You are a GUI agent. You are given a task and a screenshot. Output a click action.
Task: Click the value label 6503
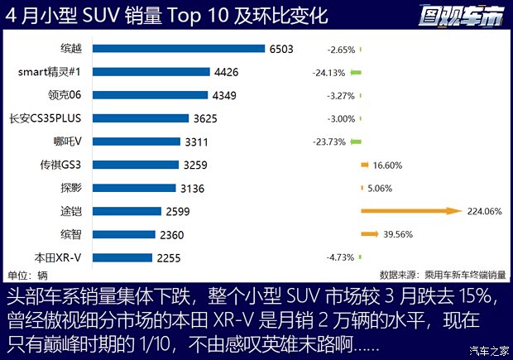(x=280, y=49)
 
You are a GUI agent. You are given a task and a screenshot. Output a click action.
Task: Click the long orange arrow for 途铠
(x=410, y=211)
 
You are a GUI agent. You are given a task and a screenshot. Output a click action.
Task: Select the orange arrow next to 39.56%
(x=371, y=234)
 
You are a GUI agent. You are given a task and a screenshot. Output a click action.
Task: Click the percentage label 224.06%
(x=485, y=212)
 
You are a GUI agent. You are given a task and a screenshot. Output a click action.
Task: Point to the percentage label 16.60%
(x=388, y=166)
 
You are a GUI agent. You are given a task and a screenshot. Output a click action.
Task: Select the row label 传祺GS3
(x=65, y=165)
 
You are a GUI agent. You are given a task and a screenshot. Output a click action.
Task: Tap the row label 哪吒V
(x=73, y=142)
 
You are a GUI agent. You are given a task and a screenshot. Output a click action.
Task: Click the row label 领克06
(x=71, y=95)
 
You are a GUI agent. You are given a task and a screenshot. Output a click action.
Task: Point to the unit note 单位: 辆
(x=27, y=274)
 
